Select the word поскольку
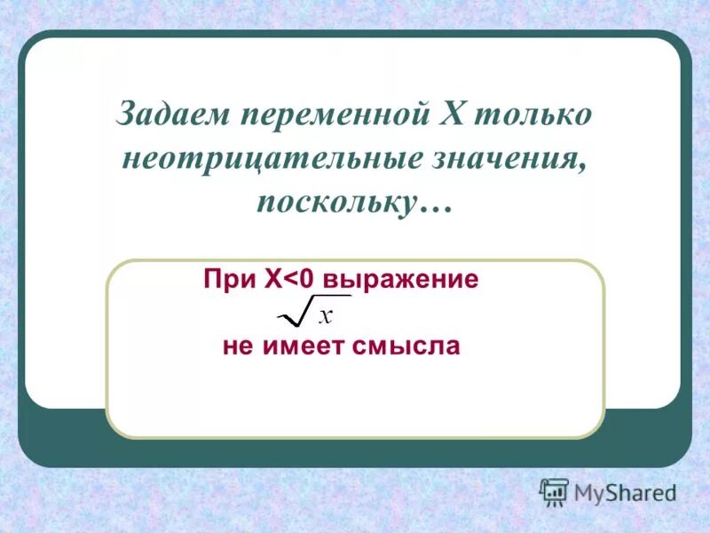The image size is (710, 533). click(335, 203)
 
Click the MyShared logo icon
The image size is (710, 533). click(554, 492)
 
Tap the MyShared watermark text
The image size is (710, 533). click(624, 492)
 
